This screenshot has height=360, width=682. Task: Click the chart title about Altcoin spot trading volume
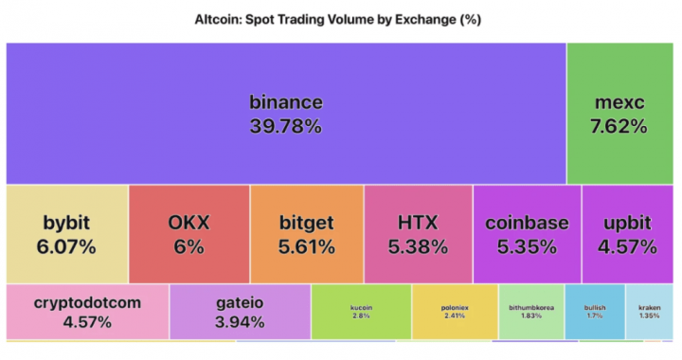pyautogui.click(x=341, y=19)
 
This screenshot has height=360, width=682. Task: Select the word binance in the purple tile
pyautogui.click(x=285, y=102)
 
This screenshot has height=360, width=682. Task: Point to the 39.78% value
pyautogui.click(x=285, y=126)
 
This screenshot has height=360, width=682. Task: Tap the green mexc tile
pyautogui.click(x=619, y=113)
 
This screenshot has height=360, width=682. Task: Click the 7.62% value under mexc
pyautogui.click(x=619, y=126)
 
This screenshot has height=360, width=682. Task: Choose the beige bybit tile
pyautogui.click(x=66, y=234)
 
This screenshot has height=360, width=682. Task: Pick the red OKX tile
pyautogui.click(x=188, y=234)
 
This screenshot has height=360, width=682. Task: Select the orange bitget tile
pyautogui.click(x=307, y=234)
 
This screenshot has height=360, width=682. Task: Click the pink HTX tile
pyautogui.click(x=418, y=234)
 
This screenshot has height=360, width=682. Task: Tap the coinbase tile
pyautogui.click(x=527, y=234)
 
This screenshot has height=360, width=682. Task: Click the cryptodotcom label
pyautogui.click(x=87, y=303)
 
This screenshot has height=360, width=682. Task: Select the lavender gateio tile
pyautogui.click(x=240, y=312)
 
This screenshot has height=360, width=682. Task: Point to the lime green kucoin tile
pyautogui.click(x=361, y=312)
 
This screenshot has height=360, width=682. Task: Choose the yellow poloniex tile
pyautogui.click(x=455, y=312)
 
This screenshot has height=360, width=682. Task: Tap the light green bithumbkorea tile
pyautogui.click(x=530, y=312)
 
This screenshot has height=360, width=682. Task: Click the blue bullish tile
pyautogui.click(x=595, y=312)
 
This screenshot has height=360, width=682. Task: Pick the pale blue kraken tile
pyautogui.click(x=649, y=312)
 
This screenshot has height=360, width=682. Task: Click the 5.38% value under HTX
pyautogui.click(x=418, y=247)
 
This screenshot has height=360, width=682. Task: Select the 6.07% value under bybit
pyautogui.click(x=66, y=247)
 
